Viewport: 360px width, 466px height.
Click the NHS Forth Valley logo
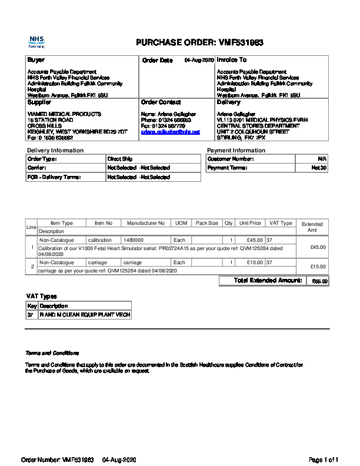click(36, 42)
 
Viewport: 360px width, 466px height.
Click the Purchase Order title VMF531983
click(199, 43)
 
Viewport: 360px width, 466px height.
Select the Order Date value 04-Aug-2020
click(199, 60)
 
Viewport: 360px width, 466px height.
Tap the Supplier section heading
click(39, 102)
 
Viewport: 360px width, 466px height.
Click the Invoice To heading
click(232, 60)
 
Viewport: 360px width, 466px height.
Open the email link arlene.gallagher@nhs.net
click(171, 132)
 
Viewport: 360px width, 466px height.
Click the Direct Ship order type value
click(120, 159)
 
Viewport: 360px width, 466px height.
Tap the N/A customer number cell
click(322, 159)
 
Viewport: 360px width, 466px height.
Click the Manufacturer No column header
click(146, 224)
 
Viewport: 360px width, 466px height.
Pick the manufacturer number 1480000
click(134, 240)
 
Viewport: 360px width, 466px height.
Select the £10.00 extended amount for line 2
click(318, 267)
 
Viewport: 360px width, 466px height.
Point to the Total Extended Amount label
click(268, 281)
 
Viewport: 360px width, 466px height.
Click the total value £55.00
click(319, 281)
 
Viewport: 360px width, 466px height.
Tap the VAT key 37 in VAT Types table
click(31, 315)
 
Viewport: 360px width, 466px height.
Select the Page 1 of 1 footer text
click(324, 459)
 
